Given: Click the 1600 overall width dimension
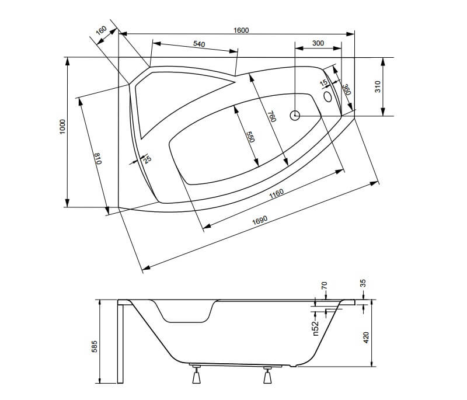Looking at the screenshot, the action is point(241,30).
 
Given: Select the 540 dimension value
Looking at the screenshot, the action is point(199,44).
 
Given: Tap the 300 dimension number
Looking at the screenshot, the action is point(318,43).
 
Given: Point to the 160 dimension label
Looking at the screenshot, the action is point(101,30).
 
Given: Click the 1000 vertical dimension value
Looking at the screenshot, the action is point(62,127).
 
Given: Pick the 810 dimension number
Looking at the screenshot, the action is point(98,158).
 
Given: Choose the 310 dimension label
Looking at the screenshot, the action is point(378,86).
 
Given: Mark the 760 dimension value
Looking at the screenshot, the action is point(272,116).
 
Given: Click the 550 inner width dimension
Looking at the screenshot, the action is point(251,137).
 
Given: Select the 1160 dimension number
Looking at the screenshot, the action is point(276,194).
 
